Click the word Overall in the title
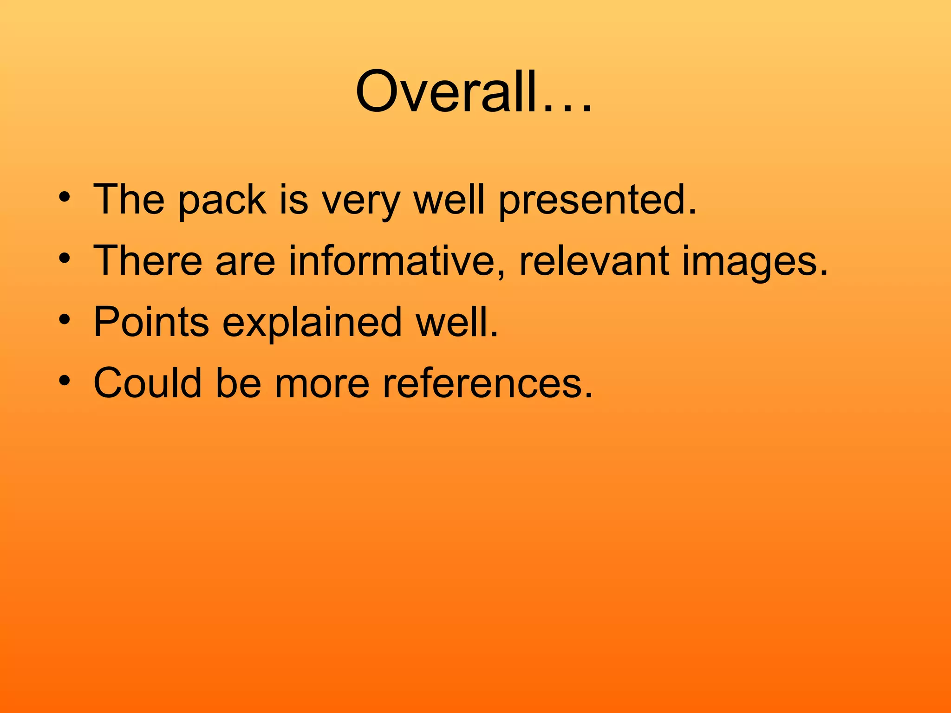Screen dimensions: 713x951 [446, 91]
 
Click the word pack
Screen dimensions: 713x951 [222, 201]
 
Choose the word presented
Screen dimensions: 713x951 [597, 201]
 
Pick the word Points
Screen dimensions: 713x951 [151, 322]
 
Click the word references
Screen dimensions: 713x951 [488, 383]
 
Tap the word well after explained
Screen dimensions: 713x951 [457, 322]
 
